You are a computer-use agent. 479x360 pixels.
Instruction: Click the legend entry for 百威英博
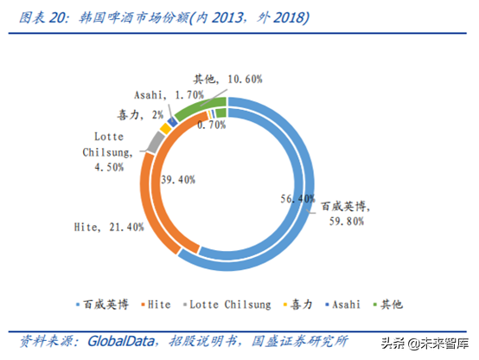(x=99, y=304)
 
